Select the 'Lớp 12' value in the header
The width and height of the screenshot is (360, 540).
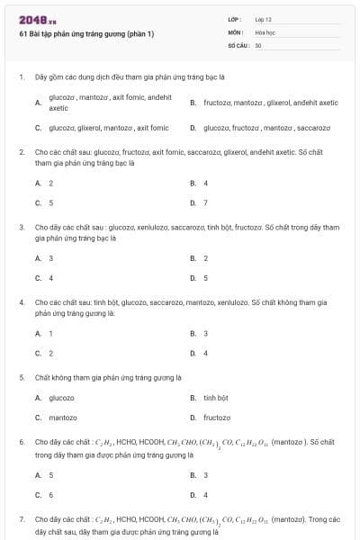click(263, 19)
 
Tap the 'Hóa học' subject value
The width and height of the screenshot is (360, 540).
click(265, 31)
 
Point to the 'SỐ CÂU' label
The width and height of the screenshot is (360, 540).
click(237, 44)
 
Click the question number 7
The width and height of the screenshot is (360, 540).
click(22, 519)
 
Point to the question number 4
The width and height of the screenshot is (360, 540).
click(22, 302)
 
